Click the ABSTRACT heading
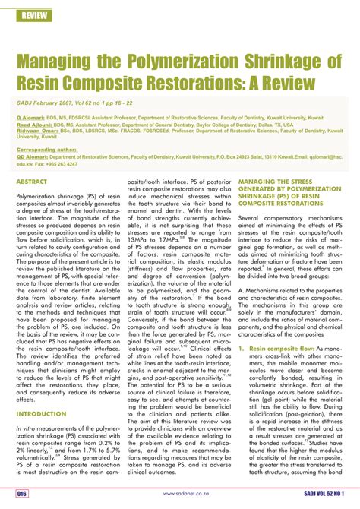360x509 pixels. (32, 183)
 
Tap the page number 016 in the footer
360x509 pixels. (22, 494)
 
